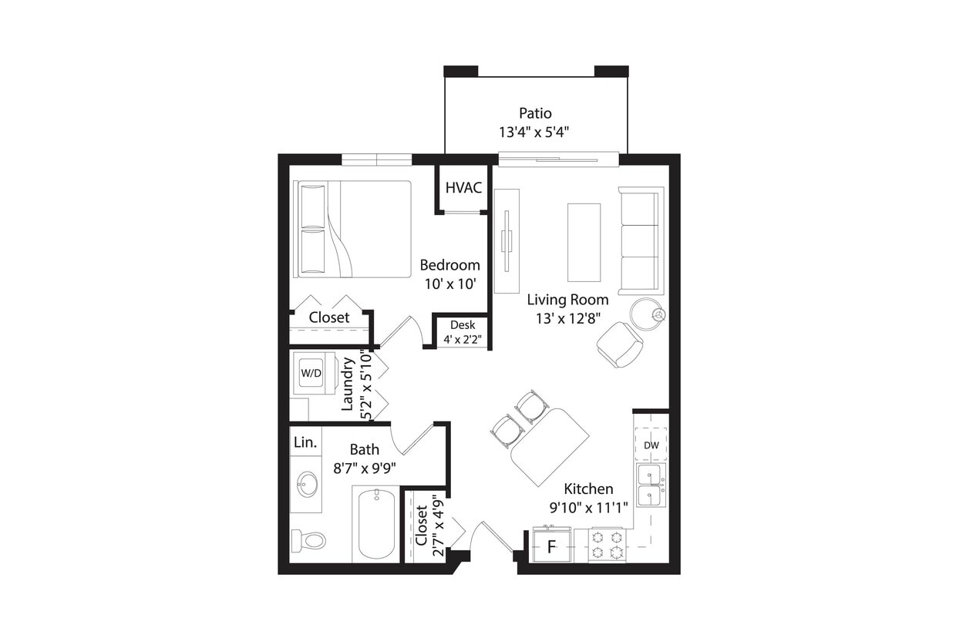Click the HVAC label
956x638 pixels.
463,188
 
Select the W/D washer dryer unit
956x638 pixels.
311,373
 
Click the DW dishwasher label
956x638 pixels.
651,445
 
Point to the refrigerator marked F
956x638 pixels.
551,547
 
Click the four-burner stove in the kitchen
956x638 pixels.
607,545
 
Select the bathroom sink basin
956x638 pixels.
308,485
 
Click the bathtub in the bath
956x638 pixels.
375,524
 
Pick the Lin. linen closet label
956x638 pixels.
305,442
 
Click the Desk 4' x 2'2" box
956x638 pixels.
463,332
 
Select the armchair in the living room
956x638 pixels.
620,344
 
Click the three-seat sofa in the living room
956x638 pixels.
640,240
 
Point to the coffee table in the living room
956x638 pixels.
584,242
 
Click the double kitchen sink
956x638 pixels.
651,485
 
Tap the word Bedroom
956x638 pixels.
449,265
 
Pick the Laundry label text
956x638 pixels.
348,384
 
